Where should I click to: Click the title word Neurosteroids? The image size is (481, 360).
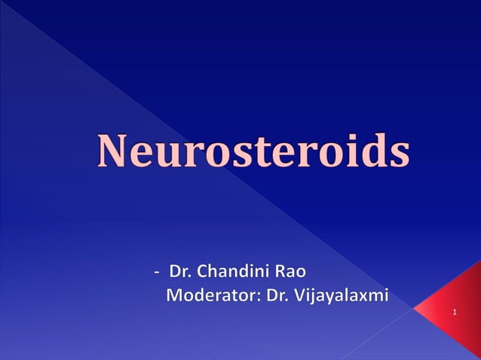tap(253, 151)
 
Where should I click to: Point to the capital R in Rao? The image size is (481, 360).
tap(279, 270)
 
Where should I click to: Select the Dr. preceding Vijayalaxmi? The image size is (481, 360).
tap(277, 294)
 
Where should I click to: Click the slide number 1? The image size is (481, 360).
tap(455, 311)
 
